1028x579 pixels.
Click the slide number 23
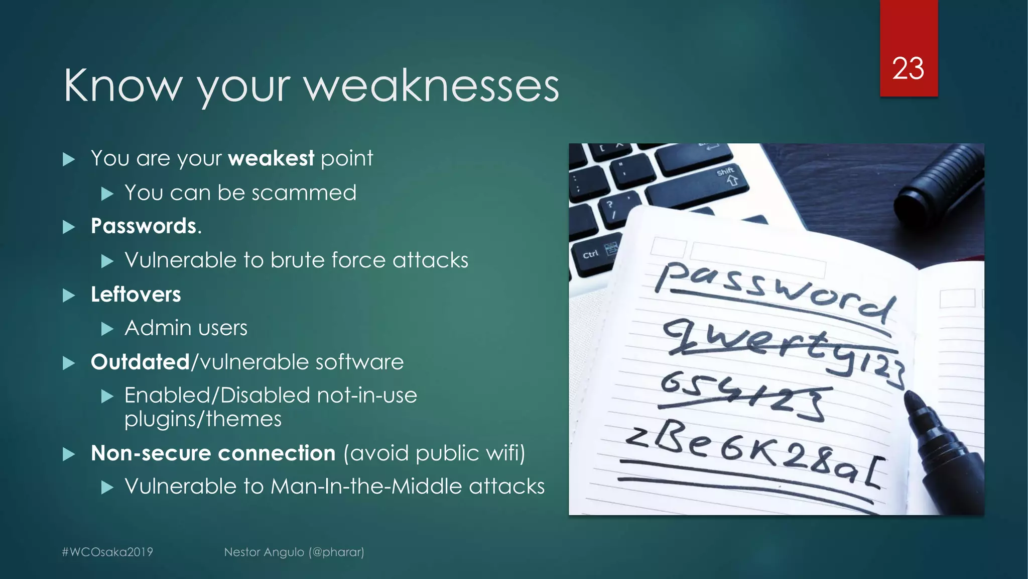click(x=908, y=68)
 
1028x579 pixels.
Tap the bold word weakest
click(x=271, y=158)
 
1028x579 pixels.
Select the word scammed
click(x=304, y=193)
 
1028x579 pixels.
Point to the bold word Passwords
click(x=144, y=226)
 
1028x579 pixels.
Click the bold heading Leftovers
click(x=136, y=295)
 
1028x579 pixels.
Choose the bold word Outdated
click(x=140, y=362)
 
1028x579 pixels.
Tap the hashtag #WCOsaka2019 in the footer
click(x=107, y=552)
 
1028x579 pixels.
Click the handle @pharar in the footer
click(x=337, y=552)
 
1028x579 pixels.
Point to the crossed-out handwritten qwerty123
click(x=783, y=347)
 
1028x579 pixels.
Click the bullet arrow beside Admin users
click(x=107, y=329)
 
